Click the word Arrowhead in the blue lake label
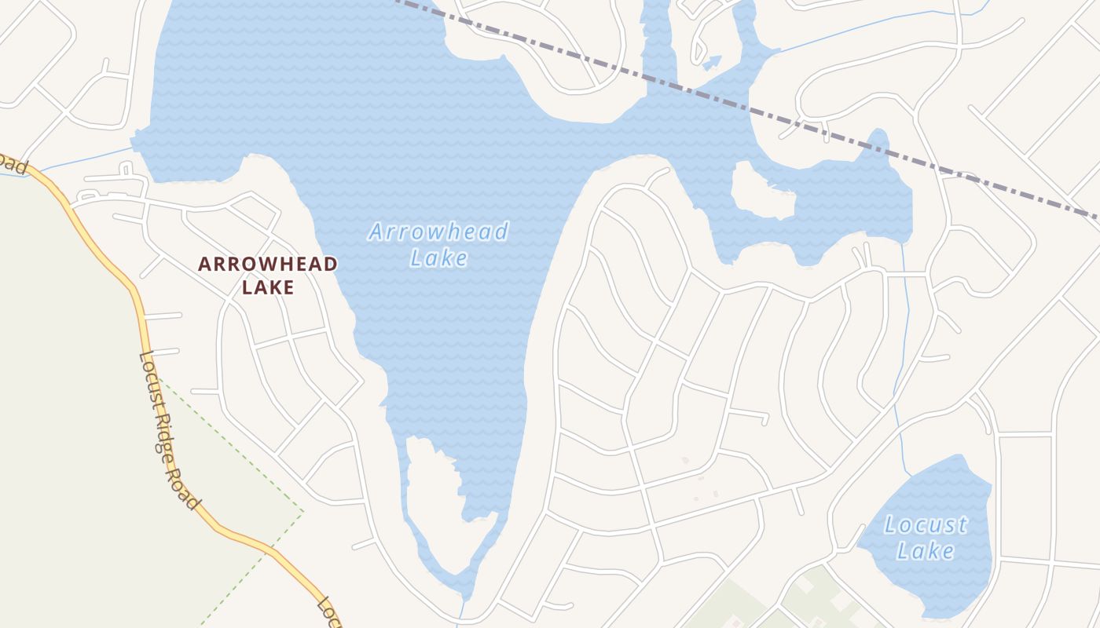coord(438,232)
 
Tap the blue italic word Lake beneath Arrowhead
coord(438,258)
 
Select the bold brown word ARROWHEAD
coord(268,265)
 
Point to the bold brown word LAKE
coord(268,287)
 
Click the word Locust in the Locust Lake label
coord(926,524)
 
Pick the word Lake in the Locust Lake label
coord(926,550)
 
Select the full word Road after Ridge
coord(189,493)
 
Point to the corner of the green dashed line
coord(303,511)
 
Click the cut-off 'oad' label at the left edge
coord(13,162)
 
